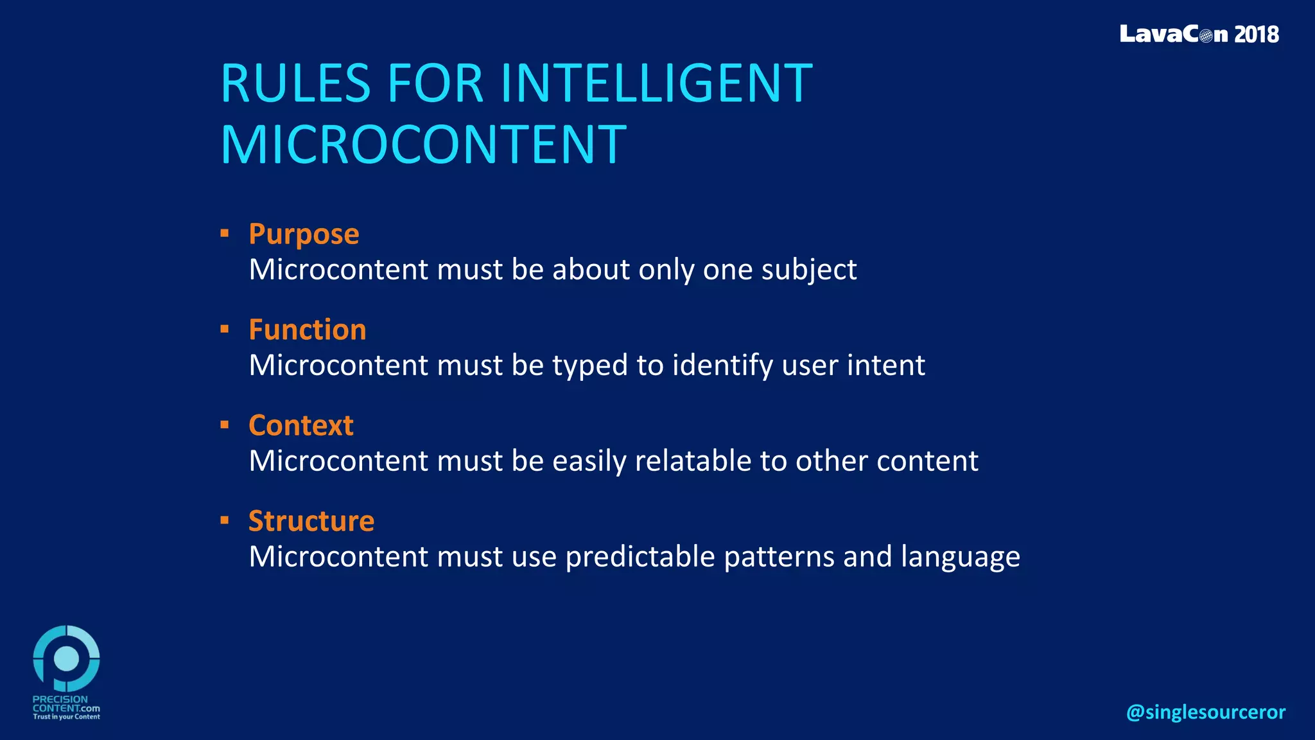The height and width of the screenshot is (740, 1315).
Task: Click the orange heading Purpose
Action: pos(304,234)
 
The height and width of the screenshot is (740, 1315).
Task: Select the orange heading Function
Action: pos(307,330)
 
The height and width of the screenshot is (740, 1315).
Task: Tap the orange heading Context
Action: pos(300,425)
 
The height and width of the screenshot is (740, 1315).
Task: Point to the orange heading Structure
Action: pos(311,521)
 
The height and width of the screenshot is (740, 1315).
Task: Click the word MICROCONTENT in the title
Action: pos(423,145)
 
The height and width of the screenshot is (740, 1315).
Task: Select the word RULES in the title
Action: pos(295,84)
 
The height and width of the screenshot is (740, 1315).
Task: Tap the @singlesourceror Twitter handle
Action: pos(1205,712)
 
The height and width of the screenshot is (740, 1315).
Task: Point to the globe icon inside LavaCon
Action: pos(1205,35)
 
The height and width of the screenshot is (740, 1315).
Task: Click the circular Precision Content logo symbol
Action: pos(66,658)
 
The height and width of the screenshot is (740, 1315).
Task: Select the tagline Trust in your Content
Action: pos(66,717)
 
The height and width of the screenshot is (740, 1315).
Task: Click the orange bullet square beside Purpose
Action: pos(224,233)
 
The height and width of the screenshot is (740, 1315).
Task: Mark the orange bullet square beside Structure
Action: pos(224,520)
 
